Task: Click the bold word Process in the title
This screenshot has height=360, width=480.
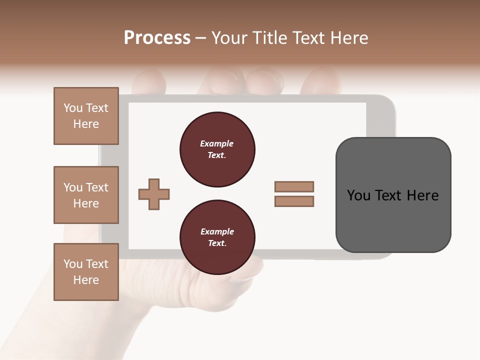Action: pos(157,38)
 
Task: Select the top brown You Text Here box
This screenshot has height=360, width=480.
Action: pos(86,116)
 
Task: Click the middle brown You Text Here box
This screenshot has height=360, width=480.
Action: pos(86,195)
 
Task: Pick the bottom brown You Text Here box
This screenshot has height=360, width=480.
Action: pos(86,272)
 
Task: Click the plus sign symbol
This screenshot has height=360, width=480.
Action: pos(154,194)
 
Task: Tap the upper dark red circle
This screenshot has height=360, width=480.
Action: pos(217,149)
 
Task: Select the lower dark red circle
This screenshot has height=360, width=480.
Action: pos(217,237)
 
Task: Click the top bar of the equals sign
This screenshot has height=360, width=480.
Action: pos(294,186)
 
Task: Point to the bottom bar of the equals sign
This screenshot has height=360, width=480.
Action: pos(294,201)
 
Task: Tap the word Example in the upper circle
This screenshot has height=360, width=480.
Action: pos(217,143)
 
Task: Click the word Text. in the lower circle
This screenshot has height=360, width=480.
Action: pos(217,243)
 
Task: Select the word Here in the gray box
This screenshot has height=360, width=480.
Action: pos(422,195)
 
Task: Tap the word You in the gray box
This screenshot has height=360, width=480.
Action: pos(359,195)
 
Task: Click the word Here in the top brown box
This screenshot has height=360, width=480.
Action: pos(86,124)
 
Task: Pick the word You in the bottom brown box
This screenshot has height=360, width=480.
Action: pos(73,264)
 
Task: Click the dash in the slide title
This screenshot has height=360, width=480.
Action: pos(201,38)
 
